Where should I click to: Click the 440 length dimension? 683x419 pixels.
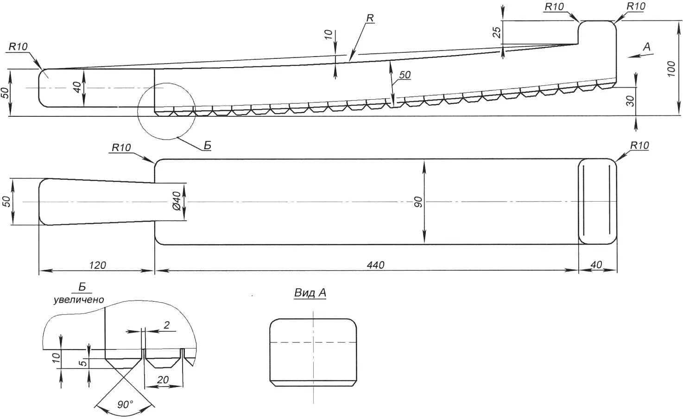(375, 265)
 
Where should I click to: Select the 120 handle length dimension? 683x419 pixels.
(97, 265)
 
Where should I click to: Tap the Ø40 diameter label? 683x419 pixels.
(177, 201)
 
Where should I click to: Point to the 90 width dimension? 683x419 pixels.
(418, 202)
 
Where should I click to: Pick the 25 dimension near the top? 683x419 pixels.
(497, 32)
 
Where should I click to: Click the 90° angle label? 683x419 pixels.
(125, 404)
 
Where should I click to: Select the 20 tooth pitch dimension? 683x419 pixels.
(163, 380)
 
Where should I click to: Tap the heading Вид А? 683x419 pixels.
(310, 293)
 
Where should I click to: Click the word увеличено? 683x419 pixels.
(79, 300)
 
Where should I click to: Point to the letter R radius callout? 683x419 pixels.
(370, 18)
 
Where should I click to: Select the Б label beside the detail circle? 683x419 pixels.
(207, 146)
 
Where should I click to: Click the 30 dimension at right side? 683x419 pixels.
(630, 101)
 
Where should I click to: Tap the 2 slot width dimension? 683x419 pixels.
(166, 325)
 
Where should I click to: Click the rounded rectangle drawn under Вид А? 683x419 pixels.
(313, 353)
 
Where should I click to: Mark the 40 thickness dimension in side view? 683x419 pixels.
(77, 88)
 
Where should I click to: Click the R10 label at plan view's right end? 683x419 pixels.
(640, 146)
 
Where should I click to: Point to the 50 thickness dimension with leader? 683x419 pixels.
(405, 75)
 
